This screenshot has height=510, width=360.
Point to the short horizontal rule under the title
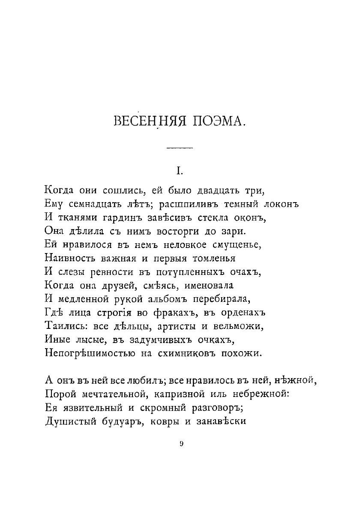coord(180,148)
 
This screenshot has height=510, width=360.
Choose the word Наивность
coord(70,258)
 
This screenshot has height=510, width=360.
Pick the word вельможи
coord(243,326)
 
